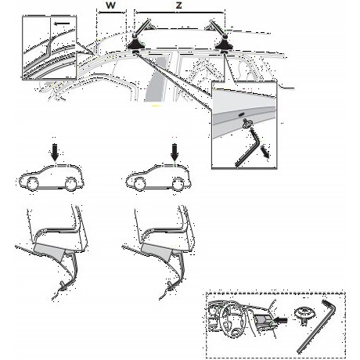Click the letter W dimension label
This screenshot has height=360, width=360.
tap(110, 5)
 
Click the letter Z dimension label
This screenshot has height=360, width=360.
tap(178, 5)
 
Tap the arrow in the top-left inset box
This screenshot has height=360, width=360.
tap(63, 23)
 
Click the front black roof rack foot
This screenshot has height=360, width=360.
tap(135, 45)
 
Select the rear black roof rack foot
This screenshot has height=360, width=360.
tap(224, 45)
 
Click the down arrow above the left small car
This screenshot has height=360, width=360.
tap(55, 154)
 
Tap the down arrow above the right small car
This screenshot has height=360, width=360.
tap(175, 154)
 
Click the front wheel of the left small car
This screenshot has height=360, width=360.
tap(33, 184)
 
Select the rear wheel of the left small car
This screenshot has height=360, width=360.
tap(70, 184)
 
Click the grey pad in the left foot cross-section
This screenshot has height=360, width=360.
tap(49, 252)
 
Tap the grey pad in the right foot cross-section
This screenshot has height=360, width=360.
tap(157, 252)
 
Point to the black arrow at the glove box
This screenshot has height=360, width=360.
tap(280, 319)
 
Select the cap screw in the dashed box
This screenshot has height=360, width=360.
tap(304, 315)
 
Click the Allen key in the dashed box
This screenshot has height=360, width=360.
tap(317, 326)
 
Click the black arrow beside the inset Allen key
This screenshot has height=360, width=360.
tap(265, 152)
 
